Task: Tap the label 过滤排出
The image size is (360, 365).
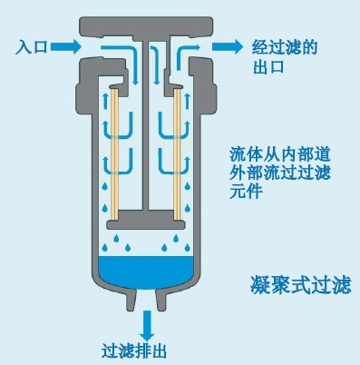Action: tap(136, 350)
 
